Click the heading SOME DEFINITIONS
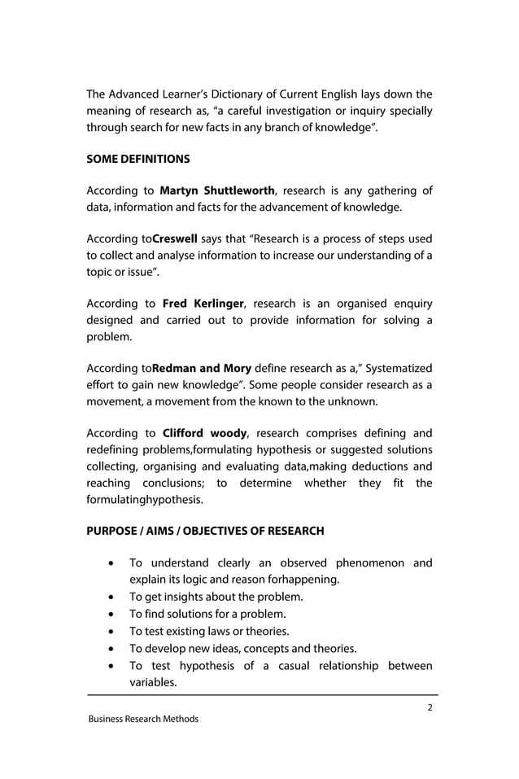tap(137, 158)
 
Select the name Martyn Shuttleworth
tap(217, 191)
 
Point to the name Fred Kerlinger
tap(203, 304)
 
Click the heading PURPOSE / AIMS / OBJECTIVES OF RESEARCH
tap(205, 532)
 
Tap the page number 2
tap(430, 707)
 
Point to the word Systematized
tap(395, 368)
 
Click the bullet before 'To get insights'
tap(110, 597)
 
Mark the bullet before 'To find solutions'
tap(110, 615)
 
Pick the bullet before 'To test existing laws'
tap(110, 632)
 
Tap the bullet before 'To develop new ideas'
tap(110, 649)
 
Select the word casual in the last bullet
tap(276, 666)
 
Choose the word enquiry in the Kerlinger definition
tap(408, 304)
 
